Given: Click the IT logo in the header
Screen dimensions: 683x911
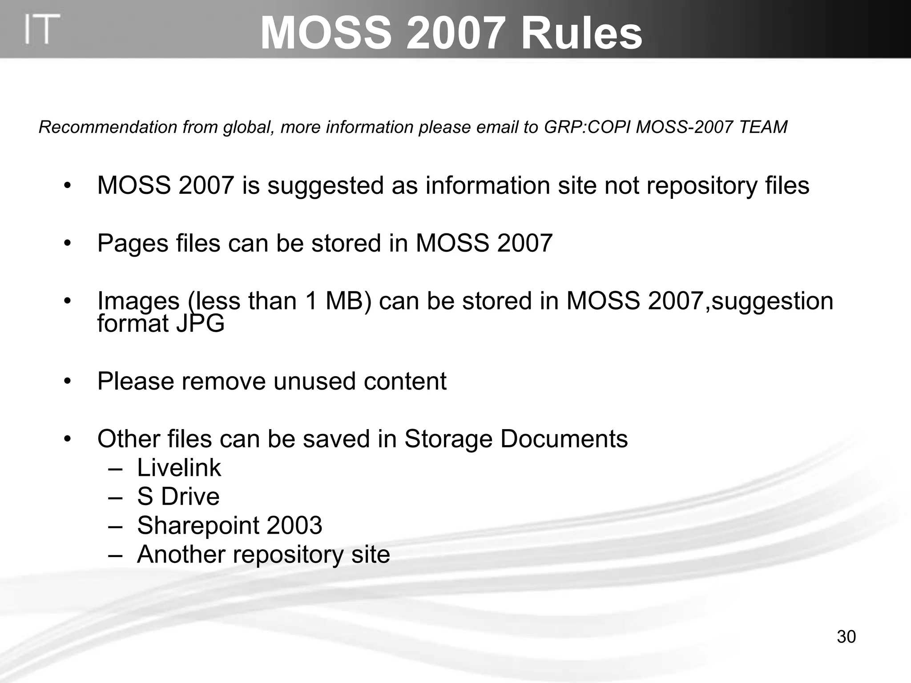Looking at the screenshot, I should (x=42, y=29).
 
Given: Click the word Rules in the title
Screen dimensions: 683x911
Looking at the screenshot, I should (x=581, y=34).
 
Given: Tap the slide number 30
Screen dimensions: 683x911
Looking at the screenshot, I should (x=846, y=637).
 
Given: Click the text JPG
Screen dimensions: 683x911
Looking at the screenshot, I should (x=201, y=323).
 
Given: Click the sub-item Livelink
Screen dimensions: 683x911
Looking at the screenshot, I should (x=179, y=468).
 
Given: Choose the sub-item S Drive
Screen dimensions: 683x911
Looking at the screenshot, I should (x=178, y=497).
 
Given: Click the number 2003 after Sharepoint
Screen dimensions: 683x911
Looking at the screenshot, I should (x=294, y=526).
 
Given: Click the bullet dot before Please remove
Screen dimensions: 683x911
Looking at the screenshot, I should (x=67, y=381).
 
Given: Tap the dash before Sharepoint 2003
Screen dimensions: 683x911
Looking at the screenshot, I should (x=115, y=526).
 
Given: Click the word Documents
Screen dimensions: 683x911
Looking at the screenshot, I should (x=564, y=439).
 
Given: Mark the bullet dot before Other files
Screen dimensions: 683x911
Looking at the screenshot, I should (x=67, y=439).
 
